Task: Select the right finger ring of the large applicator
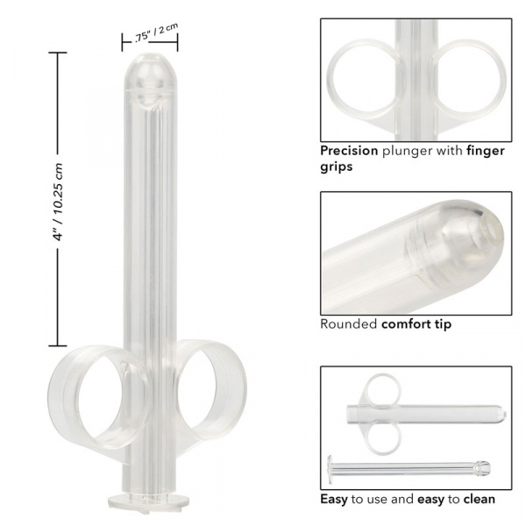click(x=210, y=394)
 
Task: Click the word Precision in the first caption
click(x=349, y=150)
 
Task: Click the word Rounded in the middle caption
click(x=348, y=324)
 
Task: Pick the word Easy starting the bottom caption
click(x=335, y=499)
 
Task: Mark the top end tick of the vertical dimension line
click(x=60, y=53)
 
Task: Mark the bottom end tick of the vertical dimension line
click(x=60, y=345)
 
